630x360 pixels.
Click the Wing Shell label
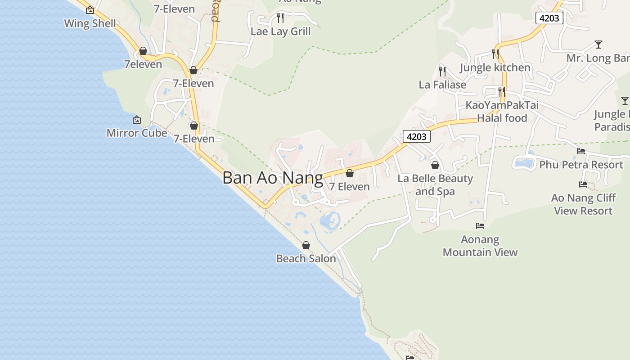(x=90, y=23)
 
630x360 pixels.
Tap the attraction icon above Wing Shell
(x=90, y=9)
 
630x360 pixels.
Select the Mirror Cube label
(x=137, y=133)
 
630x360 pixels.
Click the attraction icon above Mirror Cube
(x=137, y=120)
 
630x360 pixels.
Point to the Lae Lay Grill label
(x=280, y=31)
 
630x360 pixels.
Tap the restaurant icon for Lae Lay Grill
(x=280, y=18)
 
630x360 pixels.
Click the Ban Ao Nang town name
(x=273, y=178)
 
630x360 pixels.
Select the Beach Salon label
(x=306, y=258)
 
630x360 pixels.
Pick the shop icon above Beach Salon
(x=306, y=245)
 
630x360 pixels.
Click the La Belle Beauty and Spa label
(x=435, y=185)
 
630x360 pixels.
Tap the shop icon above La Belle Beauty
(x=435, y=165)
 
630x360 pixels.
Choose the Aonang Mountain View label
(x=480, y=246)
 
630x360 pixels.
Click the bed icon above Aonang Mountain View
(x=480, y=225)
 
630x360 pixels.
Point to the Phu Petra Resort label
(x=581, y=165)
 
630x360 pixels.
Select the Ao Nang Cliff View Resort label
(x=583, y=204)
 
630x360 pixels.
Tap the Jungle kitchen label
(x=495, y=67)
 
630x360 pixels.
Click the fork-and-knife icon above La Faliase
(x=442, y=71)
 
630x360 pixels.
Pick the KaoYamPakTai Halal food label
(x=502, y=112)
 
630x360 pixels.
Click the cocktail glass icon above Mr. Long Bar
(x=598, y=45)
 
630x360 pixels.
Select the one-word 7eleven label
(x=143, y=64)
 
